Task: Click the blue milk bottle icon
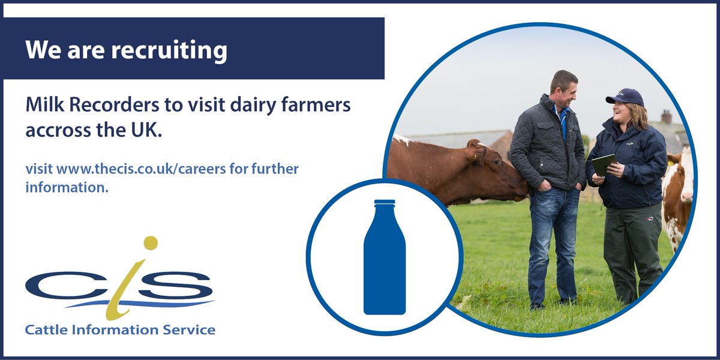(384, 258)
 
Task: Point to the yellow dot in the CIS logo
(150, 243)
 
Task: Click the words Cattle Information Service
(120, 329)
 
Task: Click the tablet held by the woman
(604, 164)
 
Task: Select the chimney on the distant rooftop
(666, 116)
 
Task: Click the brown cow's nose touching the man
(523, 190)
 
